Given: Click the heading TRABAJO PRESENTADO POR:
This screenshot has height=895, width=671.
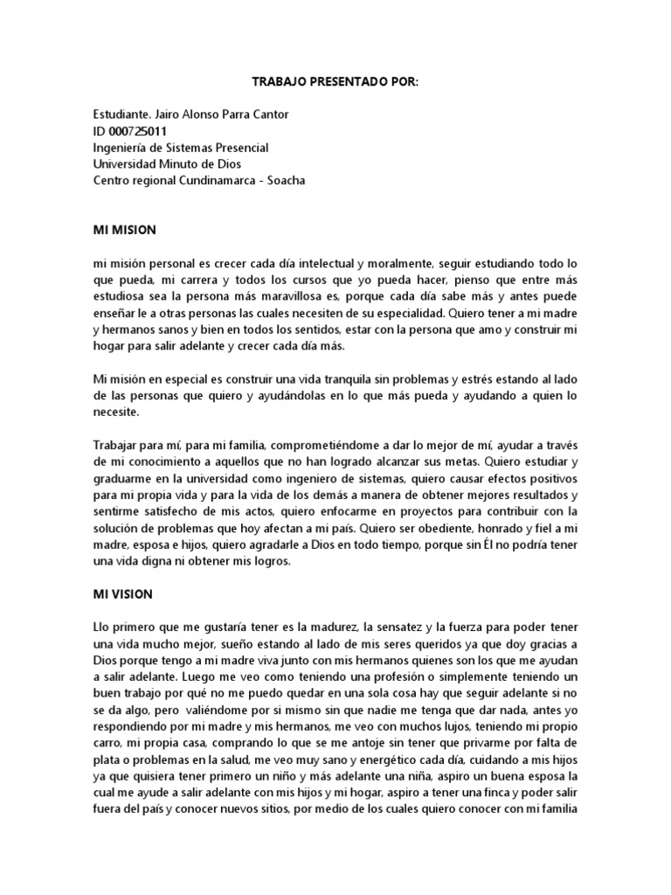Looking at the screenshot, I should tap(335, 81).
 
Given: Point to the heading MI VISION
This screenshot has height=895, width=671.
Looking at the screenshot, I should tap(122, 594).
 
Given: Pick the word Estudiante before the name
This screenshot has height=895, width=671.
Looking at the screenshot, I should tap(123, 114).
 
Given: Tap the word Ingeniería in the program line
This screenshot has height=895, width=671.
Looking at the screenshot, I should tap(125, 148).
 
